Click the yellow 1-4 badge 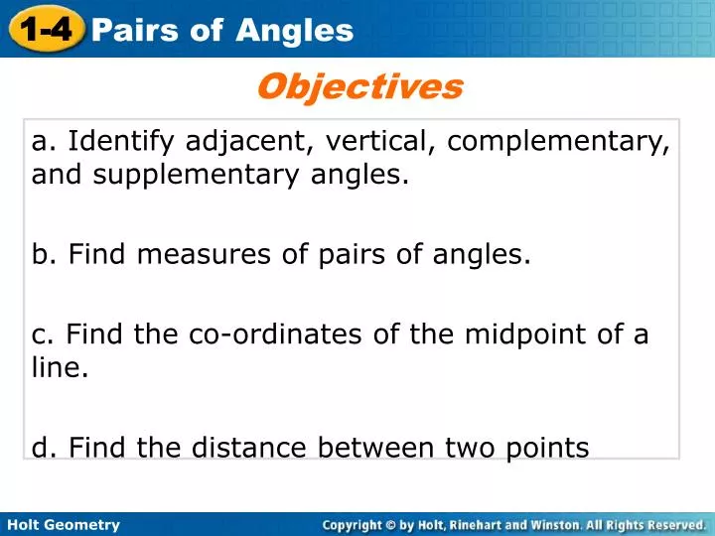(45, 28)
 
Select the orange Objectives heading (359, 87)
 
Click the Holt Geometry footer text (63, 524)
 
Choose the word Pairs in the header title (131, 31)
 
